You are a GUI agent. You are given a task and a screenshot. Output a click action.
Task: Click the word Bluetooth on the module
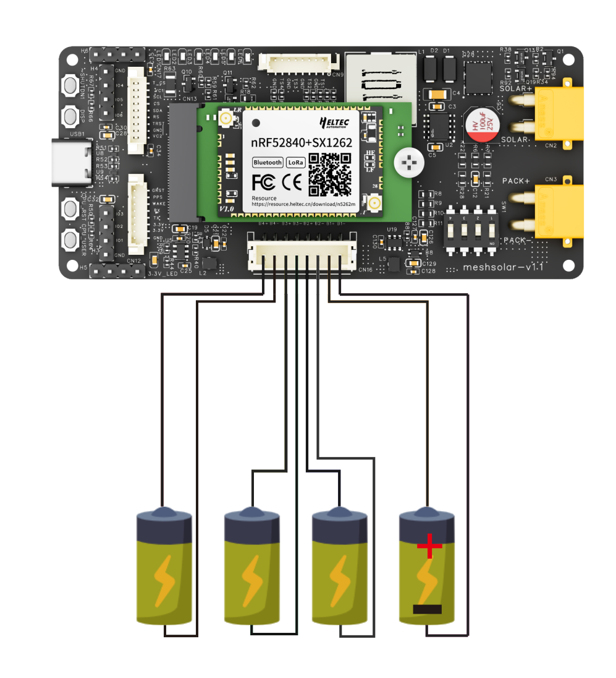click(268, 163)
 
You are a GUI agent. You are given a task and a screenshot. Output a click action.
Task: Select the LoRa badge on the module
click(295, 163)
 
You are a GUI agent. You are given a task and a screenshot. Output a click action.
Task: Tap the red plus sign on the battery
click(429, 547)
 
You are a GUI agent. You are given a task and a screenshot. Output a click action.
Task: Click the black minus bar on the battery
click(428, 609)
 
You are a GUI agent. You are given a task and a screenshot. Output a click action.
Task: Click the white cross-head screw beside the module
click(407, 163)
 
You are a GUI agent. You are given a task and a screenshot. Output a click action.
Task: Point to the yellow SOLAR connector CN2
click(558, 113)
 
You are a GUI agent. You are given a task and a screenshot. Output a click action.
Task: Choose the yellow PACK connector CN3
click(558, 211)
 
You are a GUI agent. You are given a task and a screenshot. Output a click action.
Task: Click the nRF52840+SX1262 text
click(301, 142)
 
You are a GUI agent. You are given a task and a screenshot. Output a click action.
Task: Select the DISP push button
click(73, 116)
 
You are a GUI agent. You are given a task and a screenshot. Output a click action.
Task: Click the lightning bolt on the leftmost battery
click(164, 580)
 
